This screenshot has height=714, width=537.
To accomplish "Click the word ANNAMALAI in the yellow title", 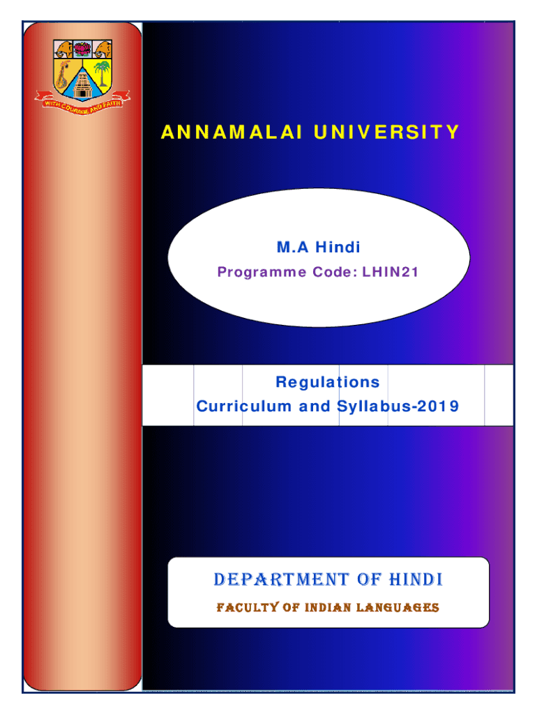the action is pos(232,132).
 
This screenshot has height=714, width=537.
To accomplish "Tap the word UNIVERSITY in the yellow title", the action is pos(386,132).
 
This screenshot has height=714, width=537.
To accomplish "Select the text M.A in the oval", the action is pos(293,248).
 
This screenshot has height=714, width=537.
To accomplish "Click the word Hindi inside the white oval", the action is pos(338,248).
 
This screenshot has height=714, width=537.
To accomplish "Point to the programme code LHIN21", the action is pos(391,272).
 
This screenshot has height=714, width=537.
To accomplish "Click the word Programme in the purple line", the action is pos(262,273).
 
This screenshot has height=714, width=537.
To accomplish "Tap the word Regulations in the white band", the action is pos(328,382).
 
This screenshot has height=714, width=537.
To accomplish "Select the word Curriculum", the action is pos(243,406).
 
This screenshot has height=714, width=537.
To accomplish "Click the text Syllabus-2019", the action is pos(398,407).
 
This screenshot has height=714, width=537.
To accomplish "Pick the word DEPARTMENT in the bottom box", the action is pos(281,579).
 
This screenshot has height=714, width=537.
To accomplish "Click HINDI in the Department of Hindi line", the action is pos(416,579).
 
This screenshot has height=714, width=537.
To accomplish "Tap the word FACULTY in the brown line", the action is pos(248,607).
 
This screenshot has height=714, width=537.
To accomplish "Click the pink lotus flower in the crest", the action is pos(82,49).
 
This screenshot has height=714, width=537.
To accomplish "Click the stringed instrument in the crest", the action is pos(63,75).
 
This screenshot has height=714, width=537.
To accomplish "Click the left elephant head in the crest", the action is pos(63,49).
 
